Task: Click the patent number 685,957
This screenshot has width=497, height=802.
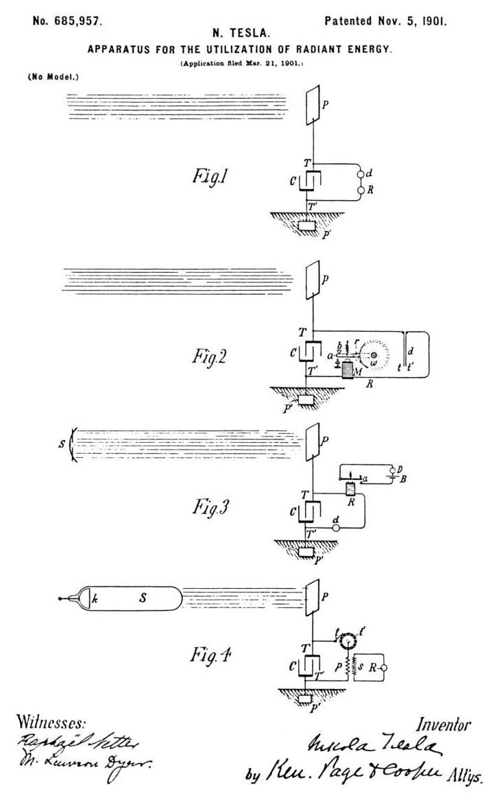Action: [x=68, y=21]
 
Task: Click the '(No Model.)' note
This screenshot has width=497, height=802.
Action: [x=53, y=77]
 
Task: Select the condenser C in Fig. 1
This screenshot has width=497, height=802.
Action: [x=311, y=182]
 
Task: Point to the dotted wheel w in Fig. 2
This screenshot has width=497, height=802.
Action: [x=374, y=355]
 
